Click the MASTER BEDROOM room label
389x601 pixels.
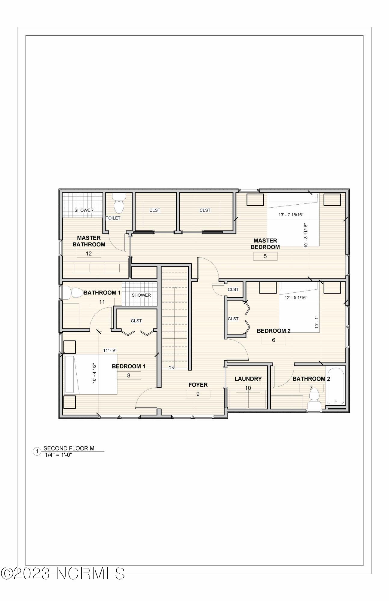(265, 244)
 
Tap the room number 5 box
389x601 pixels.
(265, 256)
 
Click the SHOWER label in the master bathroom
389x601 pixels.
(84, 210)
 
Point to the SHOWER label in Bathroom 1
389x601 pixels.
(141, 295)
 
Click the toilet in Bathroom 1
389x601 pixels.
(74, 293)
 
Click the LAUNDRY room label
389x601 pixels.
(248, 379)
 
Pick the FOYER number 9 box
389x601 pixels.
(198, 394)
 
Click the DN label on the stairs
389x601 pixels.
(171, 368)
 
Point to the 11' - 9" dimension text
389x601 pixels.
(110, 350)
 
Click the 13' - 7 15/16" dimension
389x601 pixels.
(291, 215)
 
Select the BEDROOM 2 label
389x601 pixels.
(273, 331)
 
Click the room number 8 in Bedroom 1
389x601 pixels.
(129, 375)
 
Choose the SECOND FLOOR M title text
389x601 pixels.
(69, 448)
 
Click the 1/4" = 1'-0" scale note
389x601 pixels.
(58, 455)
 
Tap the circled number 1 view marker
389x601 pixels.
(37, 451)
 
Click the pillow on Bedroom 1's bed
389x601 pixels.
(69, 374)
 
